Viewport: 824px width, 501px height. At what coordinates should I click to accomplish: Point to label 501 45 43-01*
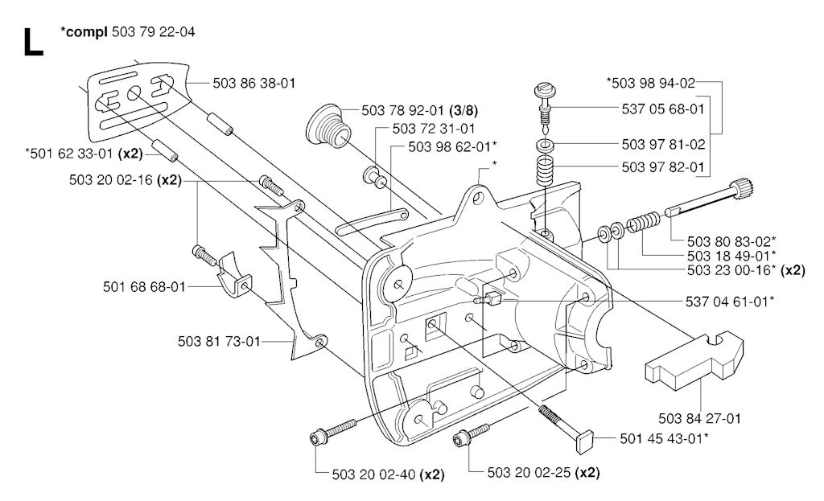click(665, 437)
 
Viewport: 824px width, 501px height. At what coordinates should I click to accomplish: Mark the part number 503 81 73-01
click(219, 341)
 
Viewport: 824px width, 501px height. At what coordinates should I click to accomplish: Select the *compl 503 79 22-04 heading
click(127, 32)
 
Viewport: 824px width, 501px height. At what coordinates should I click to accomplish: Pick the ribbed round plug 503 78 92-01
click(327, 127)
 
